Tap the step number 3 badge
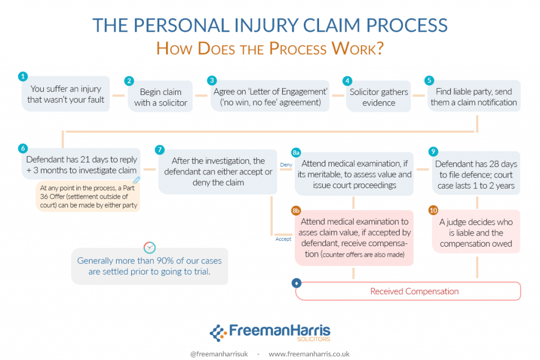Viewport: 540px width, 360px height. [212, 81]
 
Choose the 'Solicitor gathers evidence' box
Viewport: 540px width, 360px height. [379, 98]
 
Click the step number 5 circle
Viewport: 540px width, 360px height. [429, 81]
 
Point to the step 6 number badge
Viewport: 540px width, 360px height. [22, 148]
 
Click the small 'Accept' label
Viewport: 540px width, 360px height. [283, 239]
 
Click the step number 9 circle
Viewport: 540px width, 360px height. [433, 152]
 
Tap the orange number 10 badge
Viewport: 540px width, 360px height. [433, 210]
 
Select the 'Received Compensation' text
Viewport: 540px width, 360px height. [414, 291]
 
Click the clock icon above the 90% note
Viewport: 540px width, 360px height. [150, 247]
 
